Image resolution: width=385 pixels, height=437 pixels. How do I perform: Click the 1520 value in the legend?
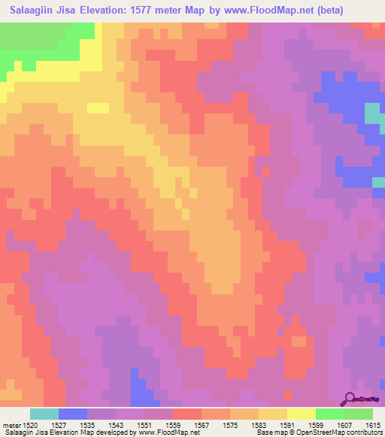point(29,425)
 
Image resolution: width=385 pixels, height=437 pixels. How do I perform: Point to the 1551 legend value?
point(144,425)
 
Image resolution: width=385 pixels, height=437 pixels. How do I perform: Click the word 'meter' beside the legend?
point(11,425)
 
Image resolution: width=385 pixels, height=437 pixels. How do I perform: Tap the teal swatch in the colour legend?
point(44,414)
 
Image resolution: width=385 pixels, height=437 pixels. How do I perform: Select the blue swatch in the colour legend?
point(72,414)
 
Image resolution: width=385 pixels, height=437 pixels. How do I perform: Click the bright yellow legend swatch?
point(302,414)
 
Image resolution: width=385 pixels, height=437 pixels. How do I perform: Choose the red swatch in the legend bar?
point(187,414)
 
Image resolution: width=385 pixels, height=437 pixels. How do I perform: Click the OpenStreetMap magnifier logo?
point(350,399)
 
